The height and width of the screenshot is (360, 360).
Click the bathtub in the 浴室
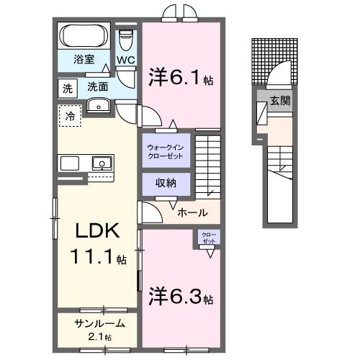click(84, 36)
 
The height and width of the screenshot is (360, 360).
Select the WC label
click(126, 60)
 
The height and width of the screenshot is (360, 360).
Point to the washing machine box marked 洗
click(67, 89)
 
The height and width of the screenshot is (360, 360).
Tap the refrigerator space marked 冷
click(71, 116)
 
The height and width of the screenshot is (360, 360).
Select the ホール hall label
click(192, 212)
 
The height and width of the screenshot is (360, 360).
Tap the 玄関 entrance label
click(280, 101)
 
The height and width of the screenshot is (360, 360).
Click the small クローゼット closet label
click(208, 237)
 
